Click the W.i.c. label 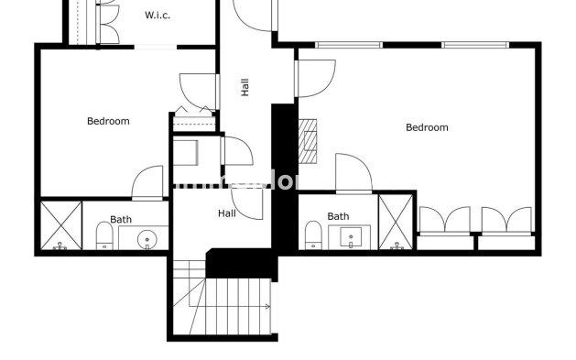pyautogui.click(x=158, y=16)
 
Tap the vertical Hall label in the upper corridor pyautogui.click(x=245, y=87)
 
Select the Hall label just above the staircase pyautogui.click(x=226, y=213)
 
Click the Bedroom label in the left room pyautogui.click(x=108, y=121)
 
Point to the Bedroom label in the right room pyautogui.click(x=427, y=127)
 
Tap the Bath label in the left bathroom pyautogui.click(x=121, y=220)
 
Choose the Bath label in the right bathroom pyautogui.click(x=339, y=217)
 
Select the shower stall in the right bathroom pyautogui.click(x=397, y=222)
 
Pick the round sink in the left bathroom pyautogui.click(x=147, y=241)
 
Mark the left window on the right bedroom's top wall pyautogui.click(x=348, y=44)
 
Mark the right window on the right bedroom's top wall pyautogui.click(x=475, y=44)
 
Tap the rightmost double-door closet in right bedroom pyautogui.click(x=506, y=221)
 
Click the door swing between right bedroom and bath pyautogui.click(x=352, y=174)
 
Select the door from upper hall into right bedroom pyautogui.click(x=315, y=78)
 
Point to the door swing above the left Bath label pyautogui.click(x=147, y=182)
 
